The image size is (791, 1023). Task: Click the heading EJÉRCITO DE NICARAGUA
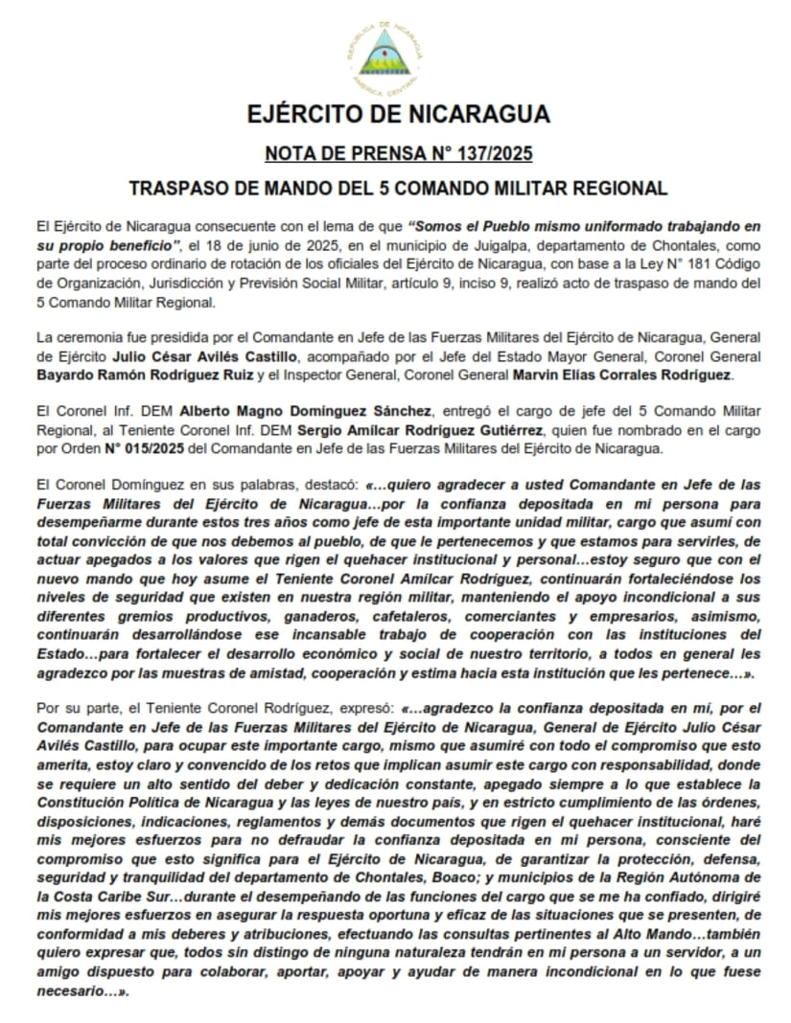[x=398, y=114]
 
